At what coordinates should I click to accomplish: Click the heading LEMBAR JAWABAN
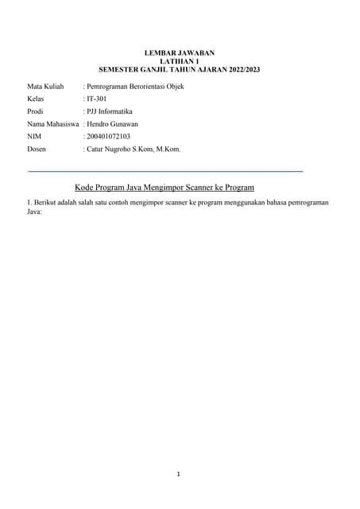[180, 52]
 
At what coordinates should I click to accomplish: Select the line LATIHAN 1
[180, 61]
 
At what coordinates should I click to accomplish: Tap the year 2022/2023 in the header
[240, 70]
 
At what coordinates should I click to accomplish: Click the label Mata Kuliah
[45, 86]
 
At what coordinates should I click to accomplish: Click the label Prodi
[37, 111]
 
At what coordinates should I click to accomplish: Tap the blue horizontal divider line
[165, 171]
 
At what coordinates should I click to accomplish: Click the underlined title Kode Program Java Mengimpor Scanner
[165, 188]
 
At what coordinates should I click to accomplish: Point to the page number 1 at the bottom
[179, 475]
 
